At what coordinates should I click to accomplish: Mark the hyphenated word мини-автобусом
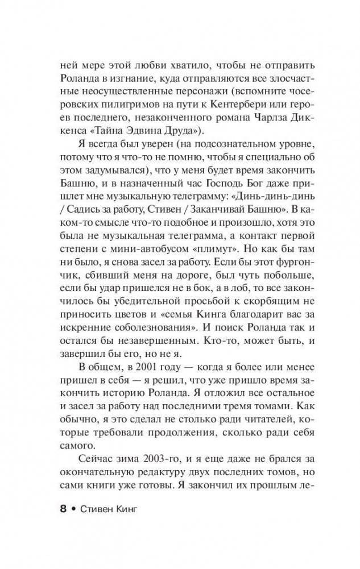(152, 252)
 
